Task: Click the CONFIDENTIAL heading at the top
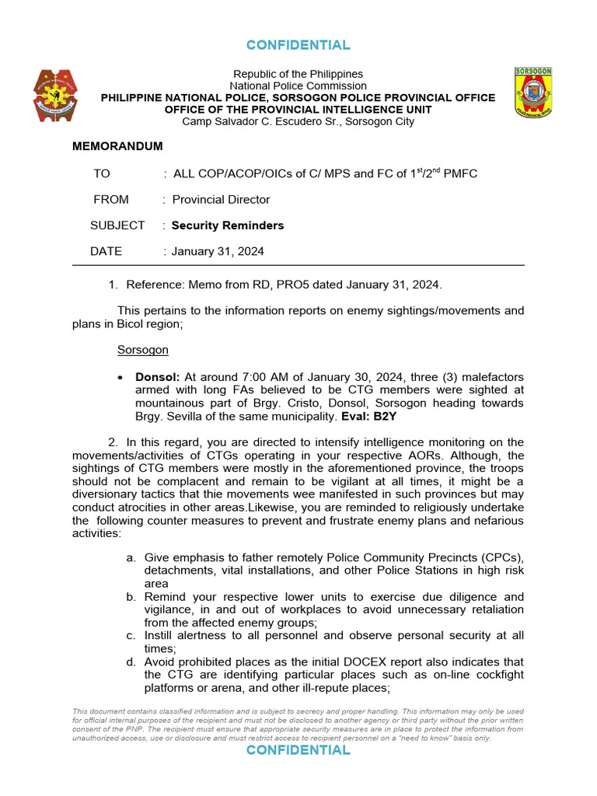298,45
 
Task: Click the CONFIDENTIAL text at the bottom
298,749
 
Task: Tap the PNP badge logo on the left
55,94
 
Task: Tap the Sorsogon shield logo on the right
533,92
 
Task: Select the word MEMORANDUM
117,146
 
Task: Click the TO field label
102,173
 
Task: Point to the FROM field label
111,200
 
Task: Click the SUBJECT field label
117,225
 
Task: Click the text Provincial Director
221,200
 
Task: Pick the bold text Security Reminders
228,225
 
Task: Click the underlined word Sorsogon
142,350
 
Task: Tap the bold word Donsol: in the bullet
158,376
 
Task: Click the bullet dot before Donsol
119,377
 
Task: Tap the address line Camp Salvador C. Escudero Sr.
298,121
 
